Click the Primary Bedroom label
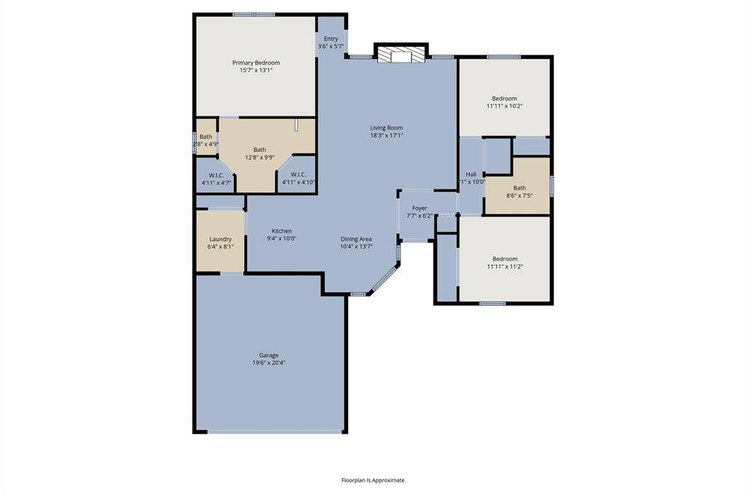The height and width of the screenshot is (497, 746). pyautogui.click(x=256, y=63)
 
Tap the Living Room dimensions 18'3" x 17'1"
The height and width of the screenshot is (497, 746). pyautogui.click(x=386, y=136)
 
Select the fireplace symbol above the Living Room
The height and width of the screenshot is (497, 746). pyautogui.click(x=401, y=54)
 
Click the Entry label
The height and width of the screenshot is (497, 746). pyautogui.click(x=331, y=39)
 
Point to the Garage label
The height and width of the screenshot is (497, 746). pyautogui.click(x=269, y=355)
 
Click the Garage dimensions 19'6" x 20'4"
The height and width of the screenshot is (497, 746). pyautogui.click(x=269, y=363)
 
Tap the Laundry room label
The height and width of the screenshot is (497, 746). pyautogui.click(x=220, y=239)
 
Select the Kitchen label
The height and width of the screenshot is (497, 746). pyautogui.click(x=282, y=231)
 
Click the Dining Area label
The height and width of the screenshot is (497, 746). pyautogui.click(x=356, y=239)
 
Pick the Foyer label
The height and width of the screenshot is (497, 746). pyautogui.click(x=420, y=208)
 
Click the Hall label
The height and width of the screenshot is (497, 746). pyautogui.click(x=471, y=174)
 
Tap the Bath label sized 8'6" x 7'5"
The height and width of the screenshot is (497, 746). pyautogui.click(x=519, y=188)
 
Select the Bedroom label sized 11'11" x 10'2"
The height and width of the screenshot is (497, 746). pyautogui.click(x=504, y=98)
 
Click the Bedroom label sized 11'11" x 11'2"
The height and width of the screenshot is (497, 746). pyautogui.click(x=505, y=259)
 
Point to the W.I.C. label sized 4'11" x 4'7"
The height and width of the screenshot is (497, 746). pyautogui.click(x=216, y=175)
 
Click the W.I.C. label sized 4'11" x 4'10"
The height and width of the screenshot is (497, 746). pyautogui.click(x=298, y=174)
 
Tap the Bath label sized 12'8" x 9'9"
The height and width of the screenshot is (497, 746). pyautogui.click(x=260, y=149)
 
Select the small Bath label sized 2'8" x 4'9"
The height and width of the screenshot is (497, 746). pyautogui.click(x=206, y=136)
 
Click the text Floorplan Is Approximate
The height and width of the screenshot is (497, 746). pyautogui.click(x=373, y=480)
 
